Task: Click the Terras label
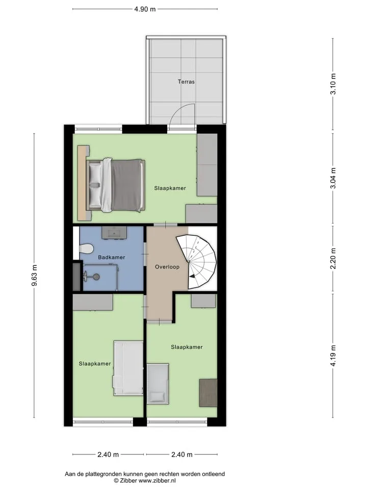click(186, 81)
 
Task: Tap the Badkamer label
click(112, 257)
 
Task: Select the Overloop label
click(167, 267)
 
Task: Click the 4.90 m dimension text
click(145, 9)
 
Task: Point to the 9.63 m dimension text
click(34, 276)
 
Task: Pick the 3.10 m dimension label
click(333, 84)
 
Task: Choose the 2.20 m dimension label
click(333, 259)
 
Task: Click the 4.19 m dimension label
click(333, 356)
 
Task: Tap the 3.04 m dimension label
click(333, 178)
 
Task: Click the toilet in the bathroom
click(87, 249)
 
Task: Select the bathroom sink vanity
click(114, 233)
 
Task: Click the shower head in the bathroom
click(96, 276)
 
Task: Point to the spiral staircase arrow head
click(193, 276)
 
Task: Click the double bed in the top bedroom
click(116, 185)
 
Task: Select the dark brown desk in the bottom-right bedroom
click(208, 393)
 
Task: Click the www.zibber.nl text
click(157, 480)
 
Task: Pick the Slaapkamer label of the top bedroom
click(170, 188)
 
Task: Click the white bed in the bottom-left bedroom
click(128, 368)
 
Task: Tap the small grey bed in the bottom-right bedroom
click(158, 384)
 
